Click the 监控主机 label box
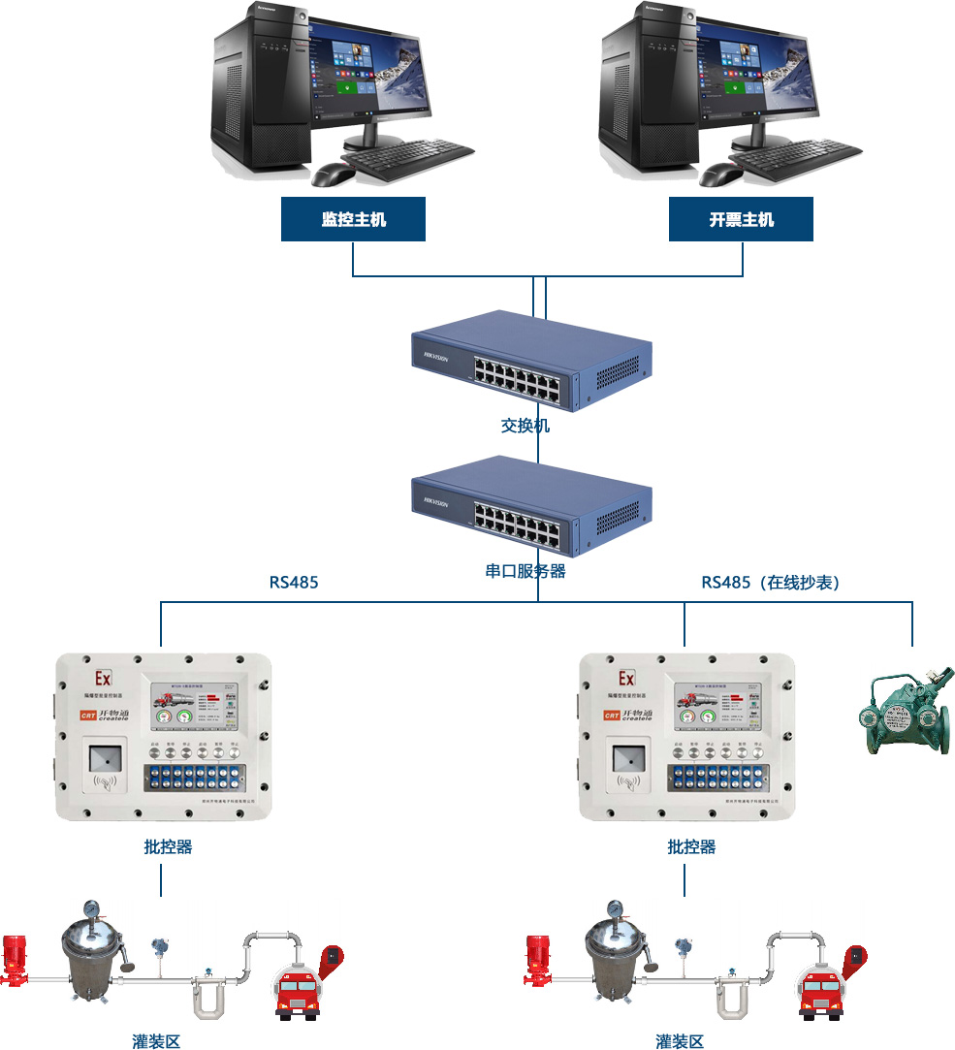click(353, 219)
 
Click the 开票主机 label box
click(741, 219)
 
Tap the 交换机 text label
click(525, 425)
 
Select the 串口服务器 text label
click(525, 571)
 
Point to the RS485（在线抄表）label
click(771, 583)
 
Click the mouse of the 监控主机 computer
click(333, 175)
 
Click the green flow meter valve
click(907, 714)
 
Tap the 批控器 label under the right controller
click(691, 846)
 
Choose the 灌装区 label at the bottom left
click(156, 1041)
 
